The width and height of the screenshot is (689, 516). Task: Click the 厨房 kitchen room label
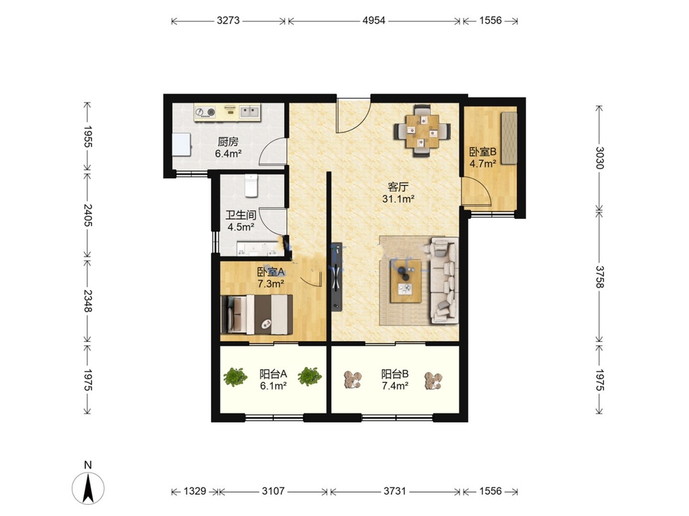click(228, 142)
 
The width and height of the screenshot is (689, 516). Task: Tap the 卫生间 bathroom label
click(241, 215)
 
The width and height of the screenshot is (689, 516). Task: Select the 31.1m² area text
click(398, 199)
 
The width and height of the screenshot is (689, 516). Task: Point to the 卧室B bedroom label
click(483, 153)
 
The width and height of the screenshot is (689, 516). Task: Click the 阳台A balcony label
click(273, 374)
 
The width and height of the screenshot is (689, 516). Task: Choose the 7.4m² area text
click(395, 386)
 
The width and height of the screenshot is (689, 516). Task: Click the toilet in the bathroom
click(250, 185)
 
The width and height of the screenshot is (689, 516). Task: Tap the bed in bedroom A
click(256, 314)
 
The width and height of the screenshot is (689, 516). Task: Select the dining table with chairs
click(423, 131)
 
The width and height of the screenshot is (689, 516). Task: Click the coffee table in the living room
click(406, 281)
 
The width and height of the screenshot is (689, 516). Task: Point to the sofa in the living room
click(444, 280)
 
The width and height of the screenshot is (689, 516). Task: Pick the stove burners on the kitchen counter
click(206, 112)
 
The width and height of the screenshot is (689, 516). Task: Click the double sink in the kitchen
click(249, 112)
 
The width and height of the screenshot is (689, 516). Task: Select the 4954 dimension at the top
click(374, 20)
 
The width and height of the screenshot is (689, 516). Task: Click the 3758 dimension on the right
click(600, 276)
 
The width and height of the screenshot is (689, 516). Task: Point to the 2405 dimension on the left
click(88, 215)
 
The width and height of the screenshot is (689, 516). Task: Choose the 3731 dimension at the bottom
click(395, 491)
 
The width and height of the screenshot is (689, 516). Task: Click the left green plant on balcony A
click(235, 377)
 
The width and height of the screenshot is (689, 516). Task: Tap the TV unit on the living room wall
click(336, 276)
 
